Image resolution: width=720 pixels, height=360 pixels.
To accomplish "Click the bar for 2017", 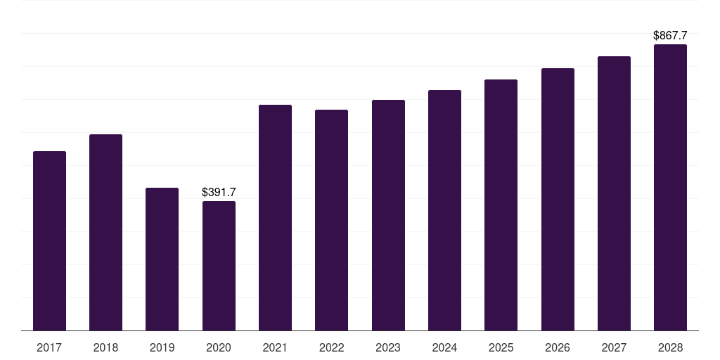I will click(49, 240).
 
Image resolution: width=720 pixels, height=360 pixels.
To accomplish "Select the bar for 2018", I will click(105, 232).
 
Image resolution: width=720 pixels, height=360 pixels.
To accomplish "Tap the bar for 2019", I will click(162, 259).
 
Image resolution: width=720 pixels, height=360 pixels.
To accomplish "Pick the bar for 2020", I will click(219, 266).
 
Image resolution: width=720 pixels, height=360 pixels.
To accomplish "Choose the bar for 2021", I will click(275, 217).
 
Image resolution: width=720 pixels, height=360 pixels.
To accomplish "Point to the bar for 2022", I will click(331, 220).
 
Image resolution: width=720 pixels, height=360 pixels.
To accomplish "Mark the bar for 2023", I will click(388, 215).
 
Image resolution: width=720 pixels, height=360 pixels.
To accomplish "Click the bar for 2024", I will click(444, 210).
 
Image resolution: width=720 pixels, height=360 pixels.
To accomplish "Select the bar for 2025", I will click(501, 205).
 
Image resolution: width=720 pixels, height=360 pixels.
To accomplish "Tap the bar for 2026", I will click(558, 199).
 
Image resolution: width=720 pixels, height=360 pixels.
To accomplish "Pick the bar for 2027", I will click(614, 193).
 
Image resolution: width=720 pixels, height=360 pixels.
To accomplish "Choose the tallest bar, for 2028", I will click(670, 187).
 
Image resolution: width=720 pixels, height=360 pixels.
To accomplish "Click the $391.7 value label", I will click(219, 192).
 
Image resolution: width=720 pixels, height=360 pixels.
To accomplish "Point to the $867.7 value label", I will click(670, 35).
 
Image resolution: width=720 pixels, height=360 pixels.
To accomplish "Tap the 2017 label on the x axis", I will click(49, 347).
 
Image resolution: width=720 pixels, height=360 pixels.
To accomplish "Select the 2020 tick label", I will click(219, 347).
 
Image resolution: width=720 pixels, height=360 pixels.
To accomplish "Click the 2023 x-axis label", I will click(388, 347).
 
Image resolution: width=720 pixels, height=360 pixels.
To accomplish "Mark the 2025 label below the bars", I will click(501, 347).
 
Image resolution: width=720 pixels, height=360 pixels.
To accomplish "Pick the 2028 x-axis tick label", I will click(670, 347).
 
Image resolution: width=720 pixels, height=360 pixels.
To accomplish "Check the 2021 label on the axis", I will click(275, 347).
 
